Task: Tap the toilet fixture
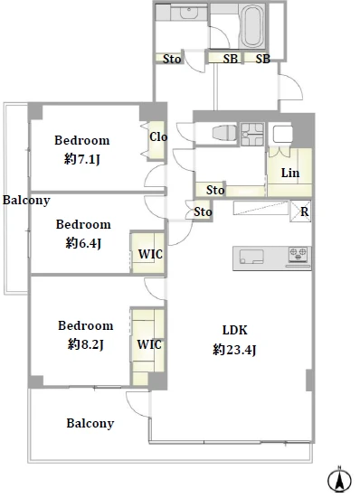224,132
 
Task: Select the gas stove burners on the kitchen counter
298,254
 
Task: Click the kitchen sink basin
251,257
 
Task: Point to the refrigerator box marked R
300,211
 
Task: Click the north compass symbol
339,479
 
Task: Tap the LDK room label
235,330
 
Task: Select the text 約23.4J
234,350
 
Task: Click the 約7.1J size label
82,159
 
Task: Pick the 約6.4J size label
83,243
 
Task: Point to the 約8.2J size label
86,344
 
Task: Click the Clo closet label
158,136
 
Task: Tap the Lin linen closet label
290,174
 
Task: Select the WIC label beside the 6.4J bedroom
150,254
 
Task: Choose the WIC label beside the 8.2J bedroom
149,344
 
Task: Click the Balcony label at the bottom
90,424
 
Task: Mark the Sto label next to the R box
203,211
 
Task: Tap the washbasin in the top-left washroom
189,13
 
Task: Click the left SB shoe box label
231,59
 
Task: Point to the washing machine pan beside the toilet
252,135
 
